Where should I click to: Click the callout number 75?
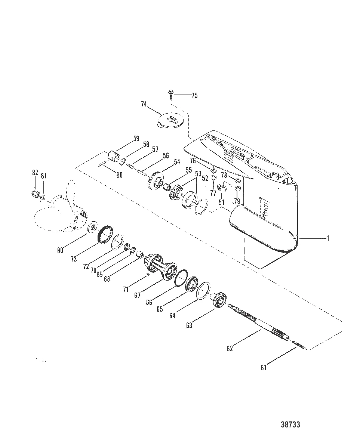(x=194, y=96)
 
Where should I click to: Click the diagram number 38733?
(x=290, y=425)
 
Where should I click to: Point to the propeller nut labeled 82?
(x=34, y=194)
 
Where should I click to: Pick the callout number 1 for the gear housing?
(x=328, y=238)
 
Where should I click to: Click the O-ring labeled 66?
(x=181, y=277)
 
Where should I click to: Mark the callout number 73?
(x=74, y=259)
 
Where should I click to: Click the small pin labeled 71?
(x=148, y=274)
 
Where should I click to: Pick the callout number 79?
(x=237, y=202)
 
